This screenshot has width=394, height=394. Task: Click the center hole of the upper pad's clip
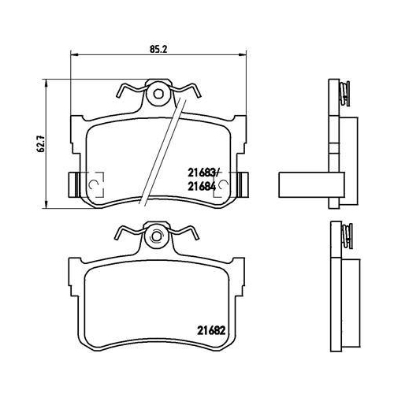click(158, 95)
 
